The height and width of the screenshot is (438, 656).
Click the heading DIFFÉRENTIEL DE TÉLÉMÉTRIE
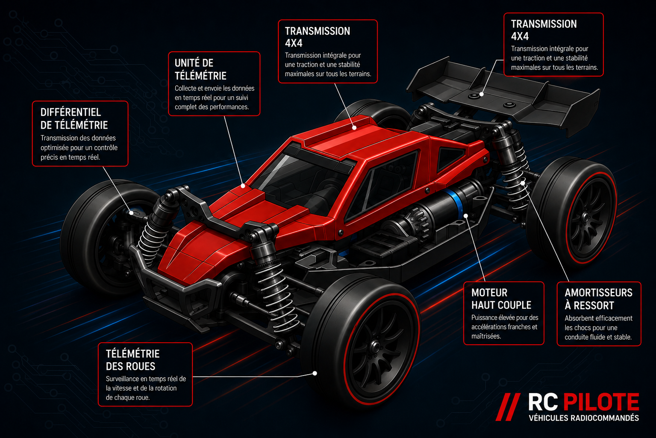pos(74,119)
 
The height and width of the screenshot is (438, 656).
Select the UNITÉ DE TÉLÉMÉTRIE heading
pos(200,69)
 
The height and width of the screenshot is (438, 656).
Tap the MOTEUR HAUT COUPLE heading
pos(501,299)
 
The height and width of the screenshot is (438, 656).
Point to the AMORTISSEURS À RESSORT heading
pos(598,299)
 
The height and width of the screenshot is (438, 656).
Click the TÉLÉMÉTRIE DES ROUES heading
pos(132,360)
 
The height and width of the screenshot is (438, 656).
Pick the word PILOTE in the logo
pos(601,402)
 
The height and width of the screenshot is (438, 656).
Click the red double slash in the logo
pos(508,407)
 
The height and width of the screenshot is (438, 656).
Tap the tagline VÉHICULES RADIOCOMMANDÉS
pos(584,418)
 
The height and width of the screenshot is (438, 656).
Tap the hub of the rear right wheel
pos(587,217)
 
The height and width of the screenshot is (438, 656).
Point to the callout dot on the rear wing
pos(482,95)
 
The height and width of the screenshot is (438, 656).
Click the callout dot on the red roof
pos(354,128)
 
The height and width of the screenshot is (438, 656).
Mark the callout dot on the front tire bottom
pos(315,373)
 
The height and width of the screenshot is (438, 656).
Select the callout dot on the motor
pos(466,216)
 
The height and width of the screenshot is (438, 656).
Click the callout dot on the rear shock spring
pos(523,183)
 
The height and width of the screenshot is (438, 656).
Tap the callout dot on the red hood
pos(243,186)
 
